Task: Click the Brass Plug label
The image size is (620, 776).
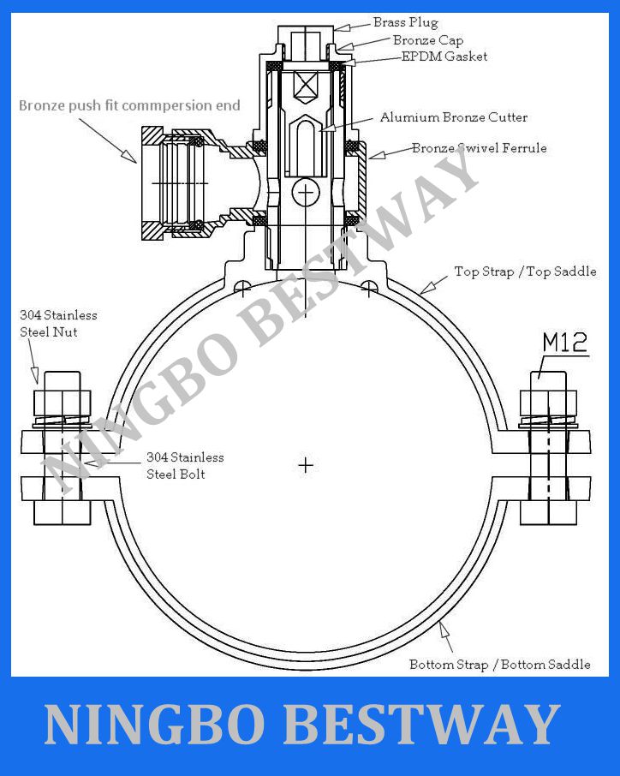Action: point(405,23)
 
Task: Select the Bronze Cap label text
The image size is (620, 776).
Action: point(427,40)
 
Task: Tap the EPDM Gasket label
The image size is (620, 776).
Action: point(444,57)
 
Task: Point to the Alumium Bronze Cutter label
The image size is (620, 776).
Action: point(453,117)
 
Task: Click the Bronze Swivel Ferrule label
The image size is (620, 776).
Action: point(479,148)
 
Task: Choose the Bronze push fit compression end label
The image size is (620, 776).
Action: point(129,106)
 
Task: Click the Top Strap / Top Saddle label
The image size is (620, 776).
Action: point(525,272)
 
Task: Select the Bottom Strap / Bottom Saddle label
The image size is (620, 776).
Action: point(499,665)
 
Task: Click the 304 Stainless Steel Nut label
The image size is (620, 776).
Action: point(58,323)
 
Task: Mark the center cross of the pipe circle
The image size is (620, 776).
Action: point(305,465)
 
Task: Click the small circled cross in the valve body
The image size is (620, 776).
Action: point(304,193)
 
